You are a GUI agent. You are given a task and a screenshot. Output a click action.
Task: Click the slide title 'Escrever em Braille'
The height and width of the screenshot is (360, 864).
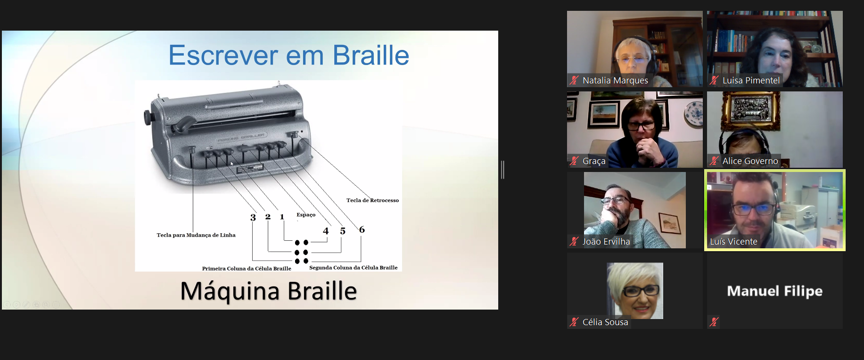[x=288, y=56]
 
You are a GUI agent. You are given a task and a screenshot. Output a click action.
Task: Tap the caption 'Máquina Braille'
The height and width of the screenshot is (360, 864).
[x=269, y=291]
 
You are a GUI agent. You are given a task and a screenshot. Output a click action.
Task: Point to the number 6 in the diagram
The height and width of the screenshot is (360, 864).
[x=362, y=229]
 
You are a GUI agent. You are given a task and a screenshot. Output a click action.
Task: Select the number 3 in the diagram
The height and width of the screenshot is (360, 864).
[x=253, y=217]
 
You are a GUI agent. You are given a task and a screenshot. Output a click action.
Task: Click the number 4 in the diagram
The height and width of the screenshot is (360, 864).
[x=326, y=231]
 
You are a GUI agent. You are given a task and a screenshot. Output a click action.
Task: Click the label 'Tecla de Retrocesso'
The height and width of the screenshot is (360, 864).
[x=372, y=200]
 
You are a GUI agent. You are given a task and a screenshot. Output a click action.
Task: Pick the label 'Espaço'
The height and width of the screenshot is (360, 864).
[x=306, y=215]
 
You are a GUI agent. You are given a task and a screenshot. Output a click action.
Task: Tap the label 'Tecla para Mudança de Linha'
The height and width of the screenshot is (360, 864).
[x=196, y=235]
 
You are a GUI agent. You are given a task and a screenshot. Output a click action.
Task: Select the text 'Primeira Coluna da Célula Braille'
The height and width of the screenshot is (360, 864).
[x=247, y=269]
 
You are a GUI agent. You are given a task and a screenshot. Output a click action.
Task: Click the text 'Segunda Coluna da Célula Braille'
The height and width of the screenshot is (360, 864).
[x=354, y=268]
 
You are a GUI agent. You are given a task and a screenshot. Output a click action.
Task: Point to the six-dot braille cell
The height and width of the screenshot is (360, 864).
[x=301, y=252]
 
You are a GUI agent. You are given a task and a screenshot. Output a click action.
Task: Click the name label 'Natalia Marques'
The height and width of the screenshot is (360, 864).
[x=615, y=81]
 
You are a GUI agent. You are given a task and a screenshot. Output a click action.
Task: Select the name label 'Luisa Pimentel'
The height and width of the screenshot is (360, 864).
[x=751, y=81]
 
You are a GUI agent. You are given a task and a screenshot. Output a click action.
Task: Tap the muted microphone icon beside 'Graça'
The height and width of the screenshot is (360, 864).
[x=574, y=161]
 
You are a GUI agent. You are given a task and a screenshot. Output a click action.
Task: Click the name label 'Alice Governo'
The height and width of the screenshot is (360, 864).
[x=750, y=161]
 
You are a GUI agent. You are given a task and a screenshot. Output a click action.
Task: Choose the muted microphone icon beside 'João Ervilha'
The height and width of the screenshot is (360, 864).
[x=574, y=242]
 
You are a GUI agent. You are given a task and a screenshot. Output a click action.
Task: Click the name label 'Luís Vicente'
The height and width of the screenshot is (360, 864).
[x=733, y=242]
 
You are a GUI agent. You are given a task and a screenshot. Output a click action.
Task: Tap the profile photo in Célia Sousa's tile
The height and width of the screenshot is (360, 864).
[x=635, y=291]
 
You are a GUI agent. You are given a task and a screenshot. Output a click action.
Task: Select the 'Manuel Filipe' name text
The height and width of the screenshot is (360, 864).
[x=775, y=291]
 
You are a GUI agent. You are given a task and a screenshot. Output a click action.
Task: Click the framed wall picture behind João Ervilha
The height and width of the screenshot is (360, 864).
[x=670, y=223]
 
